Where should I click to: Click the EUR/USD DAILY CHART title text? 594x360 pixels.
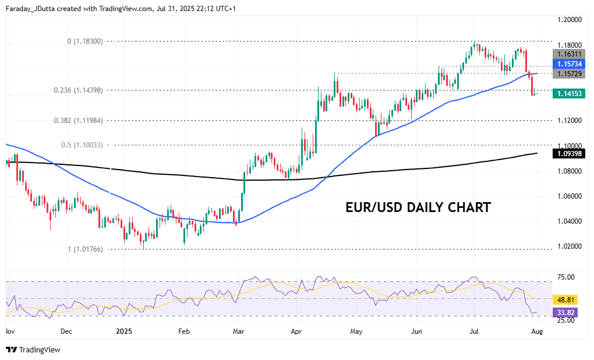[418, 207]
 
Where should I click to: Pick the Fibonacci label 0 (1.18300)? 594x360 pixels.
[85, 41]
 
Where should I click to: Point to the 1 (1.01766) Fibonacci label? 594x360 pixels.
[85, 249]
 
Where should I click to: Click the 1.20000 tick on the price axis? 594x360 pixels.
[569, 19]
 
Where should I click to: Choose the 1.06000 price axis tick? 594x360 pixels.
[569, 196]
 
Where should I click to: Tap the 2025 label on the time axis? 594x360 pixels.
[123, 331]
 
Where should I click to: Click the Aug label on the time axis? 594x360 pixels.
[537, 331]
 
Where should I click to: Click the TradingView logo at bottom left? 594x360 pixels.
[33, 350]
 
